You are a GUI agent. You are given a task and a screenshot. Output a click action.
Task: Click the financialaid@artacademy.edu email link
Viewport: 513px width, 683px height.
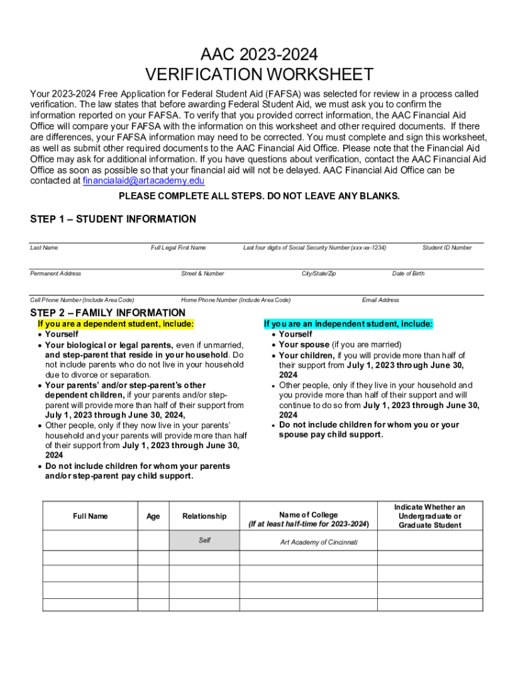click(143, 181)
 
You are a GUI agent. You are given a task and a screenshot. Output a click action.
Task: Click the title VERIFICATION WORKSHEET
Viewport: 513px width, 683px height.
click(259, 75)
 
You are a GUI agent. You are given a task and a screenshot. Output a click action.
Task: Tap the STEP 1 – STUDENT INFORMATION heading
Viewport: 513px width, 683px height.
click(113, 219)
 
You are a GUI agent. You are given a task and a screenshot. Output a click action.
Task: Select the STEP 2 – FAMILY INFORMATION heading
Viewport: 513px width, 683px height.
click(108, 313)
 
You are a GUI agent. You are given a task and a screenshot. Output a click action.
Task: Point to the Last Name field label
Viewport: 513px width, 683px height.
click(44, 247)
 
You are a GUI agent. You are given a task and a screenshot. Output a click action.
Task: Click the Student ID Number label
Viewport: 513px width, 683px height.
click(446, 247)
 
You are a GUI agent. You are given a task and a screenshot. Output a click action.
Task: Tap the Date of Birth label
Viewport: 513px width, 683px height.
click(408, 273)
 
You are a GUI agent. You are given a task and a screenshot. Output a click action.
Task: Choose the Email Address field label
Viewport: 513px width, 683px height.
click(380, 300)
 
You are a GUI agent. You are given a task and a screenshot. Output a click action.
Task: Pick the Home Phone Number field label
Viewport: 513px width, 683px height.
click(236, 300)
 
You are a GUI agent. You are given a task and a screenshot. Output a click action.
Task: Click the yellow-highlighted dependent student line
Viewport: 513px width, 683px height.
click(116, 324)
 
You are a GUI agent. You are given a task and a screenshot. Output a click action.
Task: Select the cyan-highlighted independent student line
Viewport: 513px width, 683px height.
click(348, 324)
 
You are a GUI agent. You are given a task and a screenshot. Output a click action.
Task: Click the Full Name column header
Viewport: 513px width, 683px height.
click(90, 516)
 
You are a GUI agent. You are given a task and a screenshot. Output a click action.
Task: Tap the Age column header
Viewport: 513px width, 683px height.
click(153, 516)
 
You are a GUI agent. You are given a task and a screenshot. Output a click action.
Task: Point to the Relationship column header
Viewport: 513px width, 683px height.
click(204, 516)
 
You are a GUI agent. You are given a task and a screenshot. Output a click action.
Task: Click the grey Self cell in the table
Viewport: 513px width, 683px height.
click(204, 540)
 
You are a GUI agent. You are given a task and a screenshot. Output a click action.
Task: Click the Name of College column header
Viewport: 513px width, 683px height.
click(308, 520)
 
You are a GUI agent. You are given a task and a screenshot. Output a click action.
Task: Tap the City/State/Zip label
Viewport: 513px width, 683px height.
click(318, 273)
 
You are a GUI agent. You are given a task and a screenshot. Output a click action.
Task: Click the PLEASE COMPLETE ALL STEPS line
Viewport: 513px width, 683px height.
click(258, 196)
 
